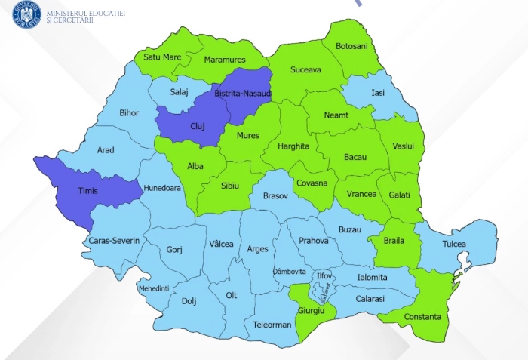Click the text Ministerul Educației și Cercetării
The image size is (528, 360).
click(86, 17)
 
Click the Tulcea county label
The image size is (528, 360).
click(454, 244)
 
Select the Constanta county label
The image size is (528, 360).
click(422, 317)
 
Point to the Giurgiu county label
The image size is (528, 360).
click(312, 310)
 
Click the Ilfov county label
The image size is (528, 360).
click(324, 276)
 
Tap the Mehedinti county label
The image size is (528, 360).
click(153, 288)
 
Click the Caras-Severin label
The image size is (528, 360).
click(114, 240)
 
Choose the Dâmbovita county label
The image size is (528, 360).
click(289, 271)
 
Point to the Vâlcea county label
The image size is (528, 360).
click(221, 244)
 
